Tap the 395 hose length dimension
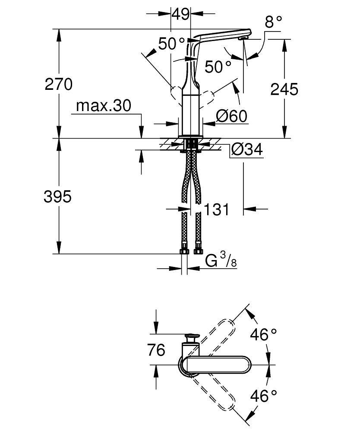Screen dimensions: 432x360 [57, 197]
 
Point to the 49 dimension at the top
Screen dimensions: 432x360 [180, 14]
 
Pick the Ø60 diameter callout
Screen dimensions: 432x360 [231, 116]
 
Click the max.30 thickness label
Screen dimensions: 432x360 [103, 106]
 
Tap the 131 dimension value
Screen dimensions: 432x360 [215, 210]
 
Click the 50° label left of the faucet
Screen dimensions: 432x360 [171, 44]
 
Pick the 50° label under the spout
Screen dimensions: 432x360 [218, 67]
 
